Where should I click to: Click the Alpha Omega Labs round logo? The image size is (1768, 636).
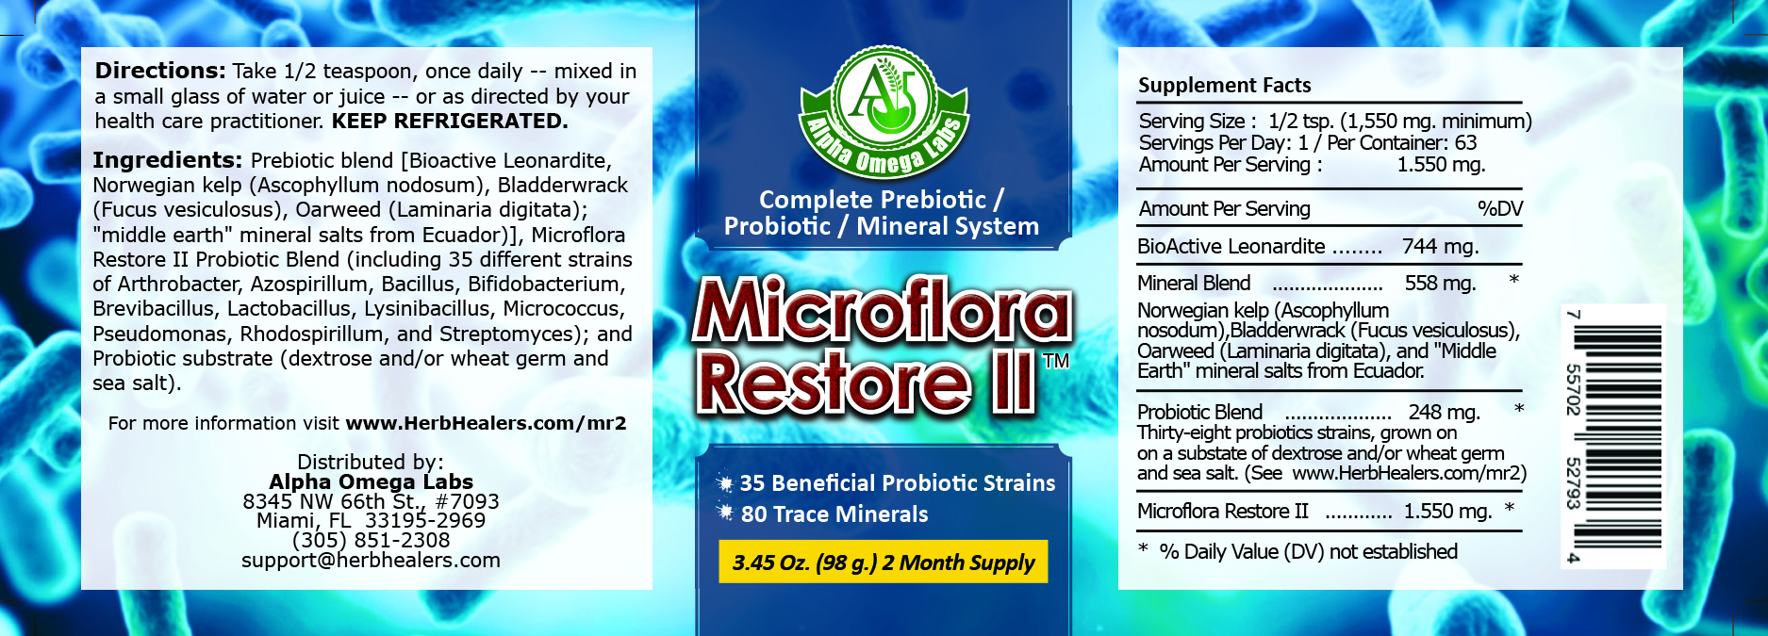[884, 111]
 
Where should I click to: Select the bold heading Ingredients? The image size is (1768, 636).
[168, 160]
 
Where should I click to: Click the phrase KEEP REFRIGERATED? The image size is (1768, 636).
[450, 121]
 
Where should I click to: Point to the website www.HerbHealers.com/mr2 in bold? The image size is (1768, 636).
[487, 423]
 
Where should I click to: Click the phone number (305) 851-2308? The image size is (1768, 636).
[372, 540]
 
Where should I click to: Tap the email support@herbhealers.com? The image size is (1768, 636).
[372, 560]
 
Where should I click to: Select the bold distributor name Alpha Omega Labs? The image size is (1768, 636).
[372, 481]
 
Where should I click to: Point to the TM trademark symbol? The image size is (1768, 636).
[1056, 361]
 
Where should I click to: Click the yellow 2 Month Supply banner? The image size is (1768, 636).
[884, 562]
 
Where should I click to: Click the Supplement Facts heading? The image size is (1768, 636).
[1225, 85]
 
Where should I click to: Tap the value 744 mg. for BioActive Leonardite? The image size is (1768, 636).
[1440, 247]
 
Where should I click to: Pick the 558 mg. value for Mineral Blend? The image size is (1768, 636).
[1440, 284]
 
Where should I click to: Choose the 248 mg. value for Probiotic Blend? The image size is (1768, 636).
[1444, 413]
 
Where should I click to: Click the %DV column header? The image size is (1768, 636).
[1500, 208]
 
